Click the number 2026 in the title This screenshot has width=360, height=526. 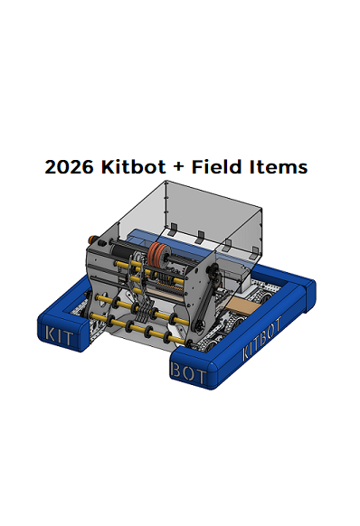tap(69, 166)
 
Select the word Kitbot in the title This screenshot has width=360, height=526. tap(134, 166)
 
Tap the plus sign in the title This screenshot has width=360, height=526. tap(179, 167)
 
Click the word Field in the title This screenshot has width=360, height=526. tap(217, 166)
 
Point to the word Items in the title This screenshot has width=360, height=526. tap(279, 166)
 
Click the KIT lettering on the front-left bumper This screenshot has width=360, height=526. tap(59, 335)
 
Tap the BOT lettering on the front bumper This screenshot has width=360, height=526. tap(188, 372)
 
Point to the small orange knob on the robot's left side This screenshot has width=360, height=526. tap(91, 240)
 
